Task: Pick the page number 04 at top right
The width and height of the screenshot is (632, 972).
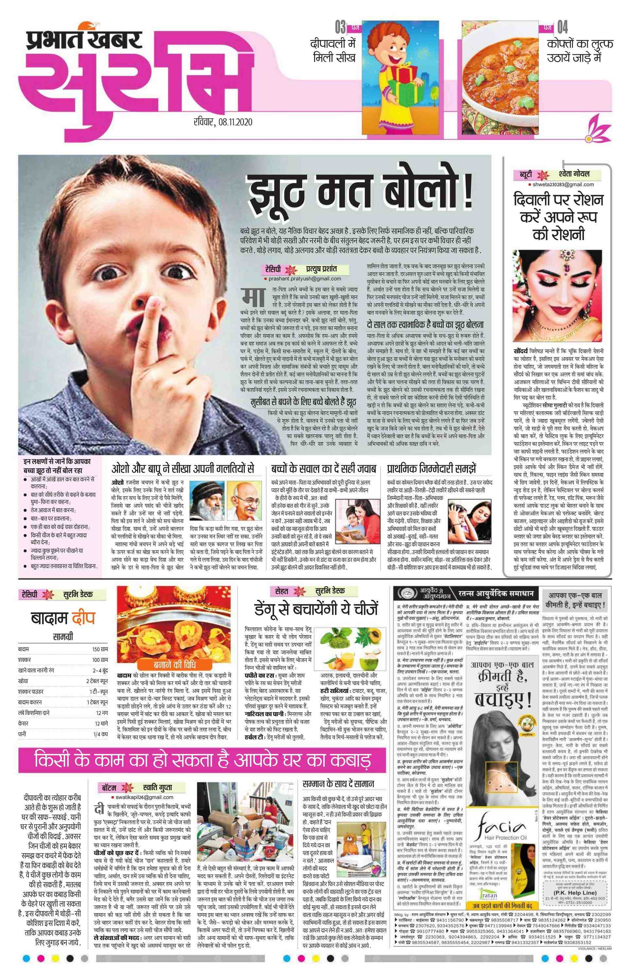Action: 562,28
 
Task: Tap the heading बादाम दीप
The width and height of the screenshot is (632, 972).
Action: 63,618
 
